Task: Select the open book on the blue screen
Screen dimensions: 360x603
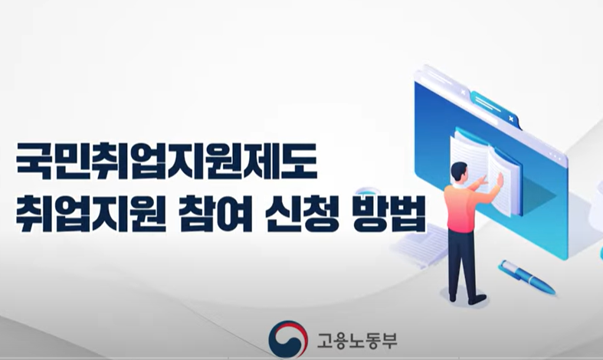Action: coord(486,165)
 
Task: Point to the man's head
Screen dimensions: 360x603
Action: coord(459,172)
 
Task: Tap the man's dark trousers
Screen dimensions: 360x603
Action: coord(461,260)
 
